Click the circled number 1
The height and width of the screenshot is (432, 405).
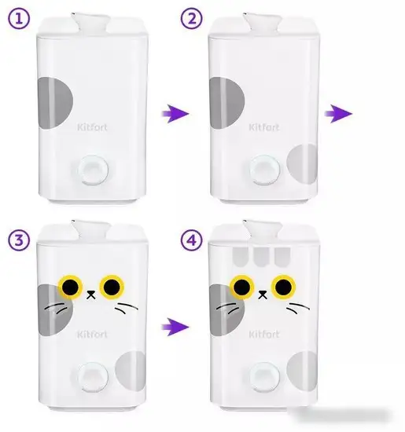pyautogui.click(x=19, y=19)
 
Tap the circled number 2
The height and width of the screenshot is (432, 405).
pyautogui.click(x=191, y=19)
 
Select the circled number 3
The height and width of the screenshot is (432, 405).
pyautogui.click(x=19, y=240)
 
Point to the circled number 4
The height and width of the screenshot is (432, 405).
pyautogui.click(x=191, y=240)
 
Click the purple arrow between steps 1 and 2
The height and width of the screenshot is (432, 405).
pyautogui.click(x=175, y=113)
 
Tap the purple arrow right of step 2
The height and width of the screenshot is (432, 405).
pyautogui.click(x=338, y=113)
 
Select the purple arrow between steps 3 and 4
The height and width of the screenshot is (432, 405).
pyautogui.click(x=175, y=327)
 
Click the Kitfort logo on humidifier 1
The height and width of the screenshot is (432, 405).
pyautogui.click(x=92, y=127)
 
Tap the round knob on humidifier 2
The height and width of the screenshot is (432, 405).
pyautogui.click(x=264, y=170)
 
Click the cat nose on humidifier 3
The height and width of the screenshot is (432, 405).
pyautogui.click(x=91, y=295)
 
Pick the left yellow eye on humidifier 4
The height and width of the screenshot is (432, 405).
pyautogui.click(x=242, y=287)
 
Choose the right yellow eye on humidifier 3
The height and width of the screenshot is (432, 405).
pyautogui.click(x=112, y=287)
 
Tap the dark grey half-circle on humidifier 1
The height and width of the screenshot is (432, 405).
pyautogui.click(x=55, y=103)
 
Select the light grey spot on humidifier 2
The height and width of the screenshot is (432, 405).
pyautogui.click(x=302, y=163)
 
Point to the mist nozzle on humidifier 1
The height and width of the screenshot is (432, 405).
pyautogui.click(x=90, y=23)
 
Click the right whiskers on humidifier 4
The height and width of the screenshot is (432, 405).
pyautogui.click(x=298, y=308)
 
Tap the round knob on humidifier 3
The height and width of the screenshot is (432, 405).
pyautogui.click(x=93, y=377)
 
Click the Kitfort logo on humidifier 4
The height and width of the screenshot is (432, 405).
pyautogui.click(x=263, y=334)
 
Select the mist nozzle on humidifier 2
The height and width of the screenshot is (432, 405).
pyautogui.click(x=263, y=23)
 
